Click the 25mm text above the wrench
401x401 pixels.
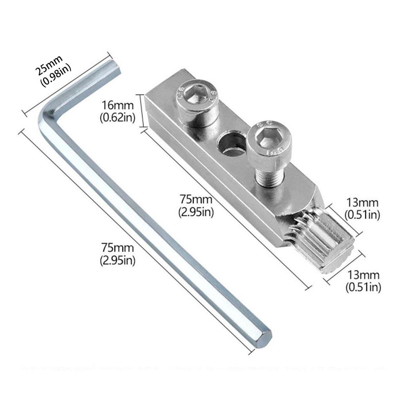tap(49, 65)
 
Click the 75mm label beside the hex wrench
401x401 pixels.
tap(117, 248)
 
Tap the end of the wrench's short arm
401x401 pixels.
tap(114, 67)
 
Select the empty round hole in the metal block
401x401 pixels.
tap(231, 145)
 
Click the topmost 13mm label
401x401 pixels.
tap(362, 203)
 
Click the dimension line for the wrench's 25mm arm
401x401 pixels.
tap(66, 85)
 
